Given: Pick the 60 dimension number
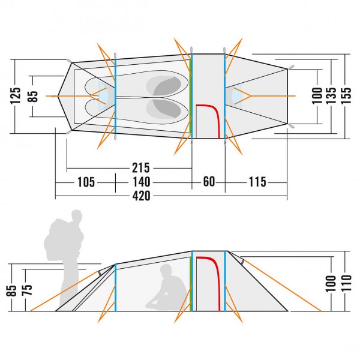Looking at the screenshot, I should point(209,182).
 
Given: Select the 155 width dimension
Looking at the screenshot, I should point(346,96).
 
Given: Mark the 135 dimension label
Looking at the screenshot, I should point(332,96).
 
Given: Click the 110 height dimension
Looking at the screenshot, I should point(347,281).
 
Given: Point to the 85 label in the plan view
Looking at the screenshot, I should point(34,96).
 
